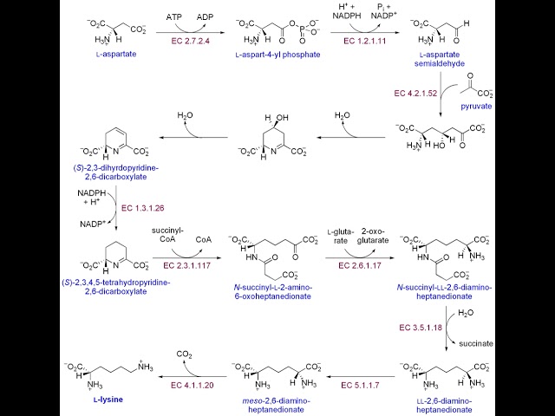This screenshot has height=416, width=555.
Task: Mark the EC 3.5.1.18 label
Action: click(x=422, y=328)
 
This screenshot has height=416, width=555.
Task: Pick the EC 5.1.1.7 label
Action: click(x=358, y=383)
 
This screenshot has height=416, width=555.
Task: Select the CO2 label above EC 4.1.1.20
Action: click(x=186, y=354)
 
